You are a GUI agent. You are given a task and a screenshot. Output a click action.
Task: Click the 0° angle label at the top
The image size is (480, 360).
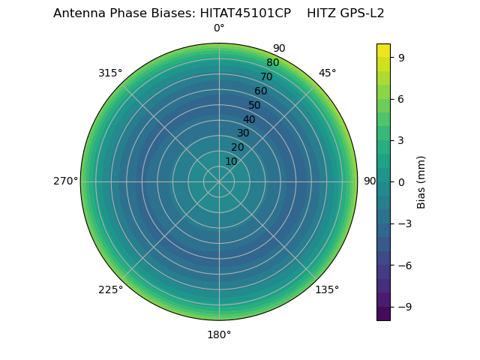tap(219, 28)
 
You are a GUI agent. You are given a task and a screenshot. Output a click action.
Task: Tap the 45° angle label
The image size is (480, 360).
tap(328, 73)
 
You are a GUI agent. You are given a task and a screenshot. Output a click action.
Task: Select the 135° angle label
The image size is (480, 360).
tap(327, 289)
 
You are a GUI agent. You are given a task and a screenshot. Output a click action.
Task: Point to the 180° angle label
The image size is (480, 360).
tap(219, 334)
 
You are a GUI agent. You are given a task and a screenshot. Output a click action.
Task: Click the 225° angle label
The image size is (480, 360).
tap(110, 289)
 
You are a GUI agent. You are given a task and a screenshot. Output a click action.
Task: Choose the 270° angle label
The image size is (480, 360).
tap(66, 181)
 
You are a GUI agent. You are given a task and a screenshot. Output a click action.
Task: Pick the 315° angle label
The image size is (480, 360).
tap(110, 73)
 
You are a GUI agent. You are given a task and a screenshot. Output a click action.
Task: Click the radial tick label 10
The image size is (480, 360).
tap(231, 161)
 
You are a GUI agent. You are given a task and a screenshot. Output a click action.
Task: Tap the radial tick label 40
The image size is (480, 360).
tap(249, 119)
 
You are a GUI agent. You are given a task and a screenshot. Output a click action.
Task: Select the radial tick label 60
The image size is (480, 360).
tap(261, 91)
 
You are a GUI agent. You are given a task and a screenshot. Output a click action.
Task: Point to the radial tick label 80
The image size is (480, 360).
tap(273, 63)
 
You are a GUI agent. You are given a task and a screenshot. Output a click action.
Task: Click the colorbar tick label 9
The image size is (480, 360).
tap(402, 57)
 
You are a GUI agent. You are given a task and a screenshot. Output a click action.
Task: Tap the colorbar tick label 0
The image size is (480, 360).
tap(402, 181)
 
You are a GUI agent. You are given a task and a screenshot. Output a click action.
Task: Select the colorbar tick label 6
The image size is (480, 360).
tap(402, 98)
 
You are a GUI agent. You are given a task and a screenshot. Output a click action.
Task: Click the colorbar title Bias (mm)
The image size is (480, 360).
tap(421, 181)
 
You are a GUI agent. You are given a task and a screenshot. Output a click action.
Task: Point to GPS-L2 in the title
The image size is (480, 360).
tap(361, 13)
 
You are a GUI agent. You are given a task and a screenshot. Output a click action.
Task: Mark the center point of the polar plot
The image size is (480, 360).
tap(219, 181)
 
